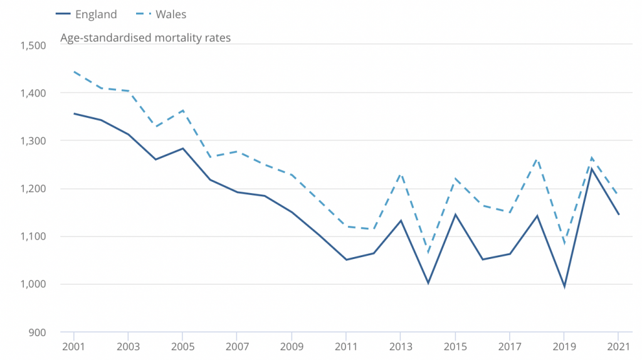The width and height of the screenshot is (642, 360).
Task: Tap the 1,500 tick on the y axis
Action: (33, 45)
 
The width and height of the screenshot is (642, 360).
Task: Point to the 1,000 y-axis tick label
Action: (33, 284)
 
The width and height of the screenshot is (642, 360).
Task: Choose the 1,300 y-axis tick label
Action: (33, 141)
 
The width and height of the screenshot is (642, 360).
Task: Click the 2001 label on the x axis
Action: (74, 346)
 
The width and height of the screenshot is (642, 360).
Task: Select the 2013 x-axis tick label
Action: (401, 346)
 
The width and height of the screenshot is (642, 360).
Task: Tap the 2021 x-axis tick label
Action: (618, 346)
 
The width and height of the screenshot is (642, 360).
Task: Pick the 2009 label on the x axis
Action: (292, 346)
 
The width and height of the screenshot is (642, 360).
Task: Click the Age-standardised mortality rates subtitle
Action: (145, 38)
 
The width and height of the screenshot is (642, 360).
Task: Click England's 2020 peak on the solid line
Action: (591, 168)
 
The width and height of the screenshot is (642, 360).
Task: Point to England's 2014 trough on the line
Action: (428, 283)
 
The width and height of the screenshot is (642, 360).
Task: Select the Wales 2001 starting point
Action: (74, 71)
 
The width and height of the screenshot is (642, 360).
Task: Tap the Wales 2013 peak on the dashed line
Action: (401, 174)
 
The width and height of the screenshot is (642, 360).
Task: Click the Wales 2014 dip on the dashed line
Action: (428, 253)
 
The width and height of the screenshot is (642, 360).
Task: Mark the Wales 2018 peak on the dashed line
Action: (537, 159)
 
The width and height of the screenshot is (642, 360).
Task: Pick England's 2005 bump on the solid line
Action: (182, 149)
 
